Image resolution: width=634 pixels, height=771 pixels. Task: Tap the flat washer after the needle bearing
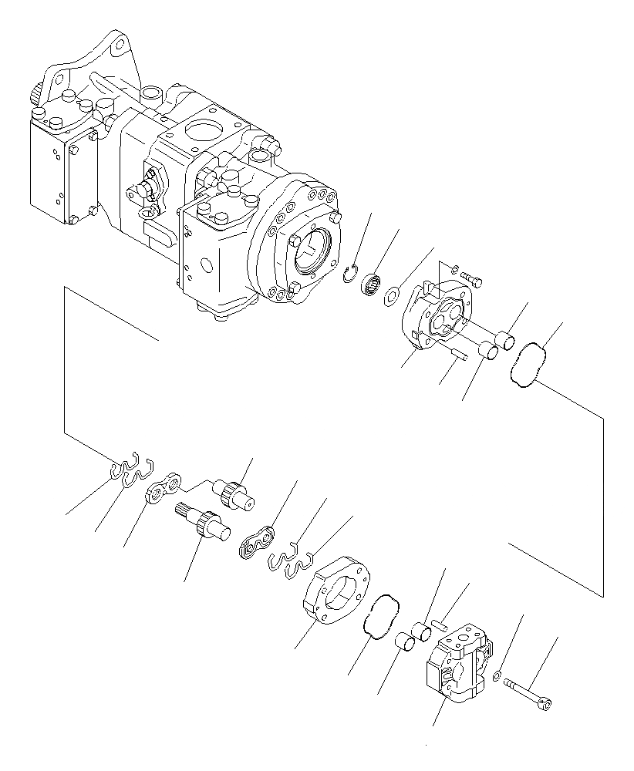(392, 293)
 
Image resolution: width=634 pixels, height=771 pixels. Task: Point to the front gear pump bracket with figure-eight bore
(436, 320)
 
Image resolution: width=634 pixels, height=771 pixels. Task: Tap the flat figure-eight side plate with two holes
(164, 489)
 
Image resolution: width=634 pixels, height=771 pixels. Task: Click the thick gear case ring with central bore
(337, 591)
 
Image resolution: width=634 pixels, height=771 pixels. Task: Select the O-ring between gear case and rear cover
(381, 617)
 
